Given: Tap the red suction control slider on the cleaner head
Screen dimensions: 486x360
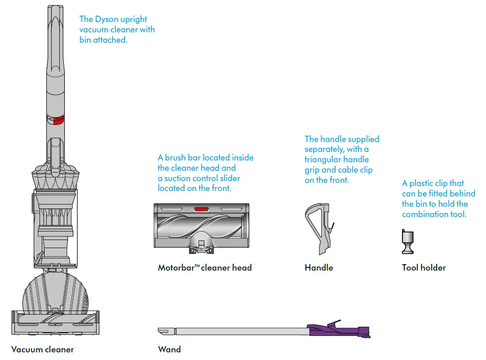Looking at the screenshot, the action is click(201, 209).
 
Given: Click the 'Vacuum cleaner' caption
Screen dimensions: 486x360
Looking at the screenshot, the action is click(43, 349).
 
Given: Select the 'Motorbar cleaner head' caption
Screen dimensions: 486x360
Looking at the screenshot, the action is click(205, 267).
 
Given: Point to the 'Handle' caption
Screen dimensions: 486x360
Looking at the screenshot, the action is click(319, 267).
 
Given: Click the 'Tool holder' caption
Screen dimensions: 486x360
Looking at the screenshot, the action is click(424, 267).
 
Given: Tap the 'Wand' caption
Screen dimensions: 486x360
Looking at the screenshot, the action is click(169, 349).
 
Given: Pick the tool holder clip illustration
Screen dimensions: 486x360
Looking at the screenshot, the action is click(407, 242).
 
